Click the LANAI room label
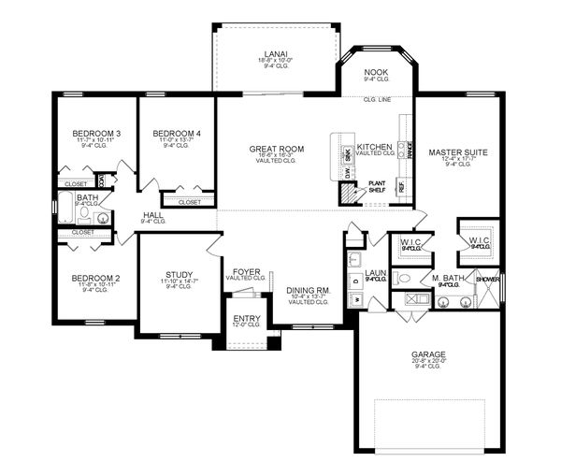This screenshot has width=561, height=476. (275, 55)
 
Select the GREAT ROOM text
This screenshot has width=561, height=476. (277, 149)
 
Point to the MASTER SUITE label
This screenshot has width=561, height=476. (454, 151)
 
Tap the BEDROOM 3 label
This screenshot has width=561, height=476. (96, 135)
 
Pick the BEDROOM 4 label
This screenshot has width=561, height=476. (177, 135)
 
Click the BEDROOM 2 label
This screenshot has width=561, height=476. (95, 278)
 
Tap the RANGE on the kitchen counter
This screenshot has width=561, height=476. (410, 150)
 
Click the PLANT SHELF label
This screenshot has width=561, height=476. (376, 187)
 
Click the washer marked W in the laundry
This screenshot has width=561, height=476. (356, 298)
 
